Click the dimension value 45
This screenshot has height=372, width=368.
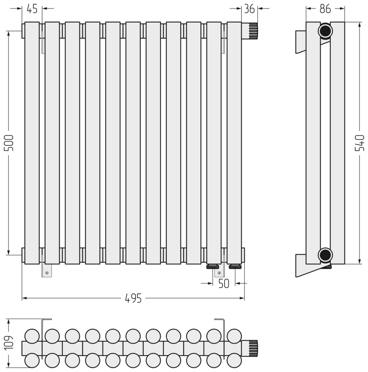[x=32, y=9]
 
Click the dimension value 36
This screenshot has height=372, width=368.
[x=249, y=9]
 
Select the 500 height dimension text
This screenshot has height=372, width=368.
[x=9, y=143]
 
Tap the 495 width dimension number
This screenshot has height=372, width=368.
[x=133, y=298]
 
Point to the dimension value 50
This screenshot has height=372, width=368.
[x=224, y=283]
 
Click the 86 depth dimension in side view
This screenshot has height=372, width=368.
[x=325, y=9]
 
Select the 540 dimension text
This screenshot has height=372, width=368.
[x=360, y=143]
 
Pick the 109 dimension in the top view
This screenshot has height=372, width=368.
[x=9, y=343]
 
